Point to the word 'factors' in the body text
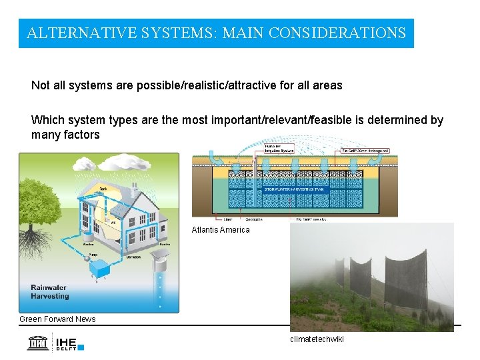(80, 135)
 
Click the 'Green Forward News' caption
(57, 319)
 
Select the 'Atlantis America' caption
(221, 230)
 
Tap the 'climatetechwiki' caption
(317, 340)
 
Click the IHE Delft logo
(57, 342)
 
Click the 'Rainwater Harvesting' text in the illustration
(49, 292)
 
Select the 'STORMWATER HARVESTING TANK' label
(293, 189)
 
